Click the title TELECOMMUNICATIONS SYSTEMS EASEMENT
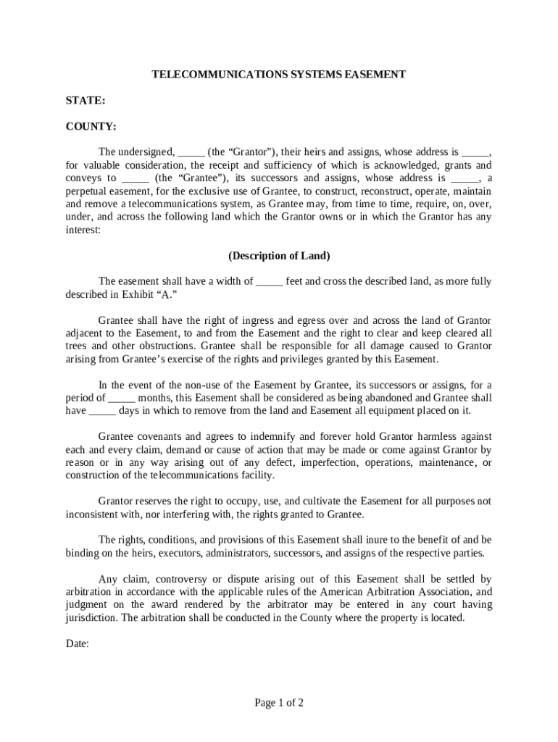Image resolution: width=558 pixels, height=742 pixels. (x=278, y=74)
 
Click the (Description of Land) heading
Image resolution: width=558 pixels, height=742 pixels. (x=279, y=256)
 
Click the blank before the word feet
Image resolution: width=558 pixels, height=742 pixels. (x=269, y=283)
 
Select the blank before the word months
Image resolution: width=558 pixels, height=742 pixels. (x=121, y=398)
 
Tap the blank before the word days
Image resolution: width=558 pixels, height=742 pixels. (x=102, y=411)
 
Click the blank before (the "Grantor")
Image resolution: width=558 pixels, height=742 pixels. (x=191, y=153)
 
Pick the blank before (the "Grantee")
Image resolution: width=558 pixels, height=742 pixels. (x=136, y=178)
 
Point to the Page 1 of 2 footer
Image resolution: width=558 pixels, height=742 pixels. (x=279, y=702)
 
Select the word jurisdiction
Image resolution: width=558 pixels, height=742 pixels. (x=91, y=619)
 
